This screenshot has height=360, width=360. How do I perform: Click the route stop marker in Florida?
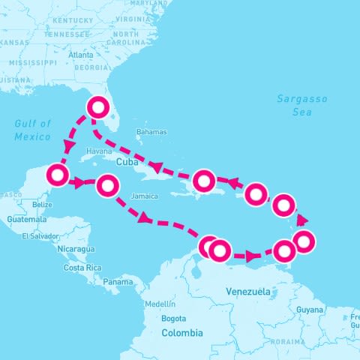coord(97,108)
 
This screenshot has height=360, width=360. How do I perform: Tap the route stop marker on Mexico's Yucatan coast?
coord(58,175)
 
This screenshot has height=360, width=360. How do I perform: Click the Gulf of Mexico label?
coord(32,130)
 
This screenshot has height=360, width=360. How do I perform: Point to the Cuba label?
coord(127,161)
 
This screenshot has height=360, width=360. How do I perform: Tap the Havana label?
coord(99,151)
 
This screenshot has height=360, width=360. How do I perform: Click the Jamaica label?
coord(143,196)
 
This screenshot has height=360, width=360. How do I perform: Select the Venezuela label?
coord(248,290)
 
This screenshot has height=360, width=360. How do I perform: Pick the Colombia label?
coord(181,332)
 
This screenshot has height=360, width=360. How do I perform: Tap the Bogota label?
coord(173,318)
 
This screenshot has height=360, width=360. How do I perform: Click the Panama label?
coord(118,282)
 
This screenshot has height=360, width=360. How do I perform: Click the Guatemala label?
coord(27,219)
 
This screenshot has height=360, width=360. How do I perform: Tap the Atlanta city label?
coord(79,55)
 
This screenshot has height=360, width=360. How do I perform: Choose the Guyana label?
coord(309,309)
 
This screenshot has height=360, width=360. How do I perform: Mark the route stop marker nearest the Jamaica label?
coord(109,185)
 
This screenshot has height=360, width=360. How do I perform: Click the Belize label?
coord(42,204)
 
